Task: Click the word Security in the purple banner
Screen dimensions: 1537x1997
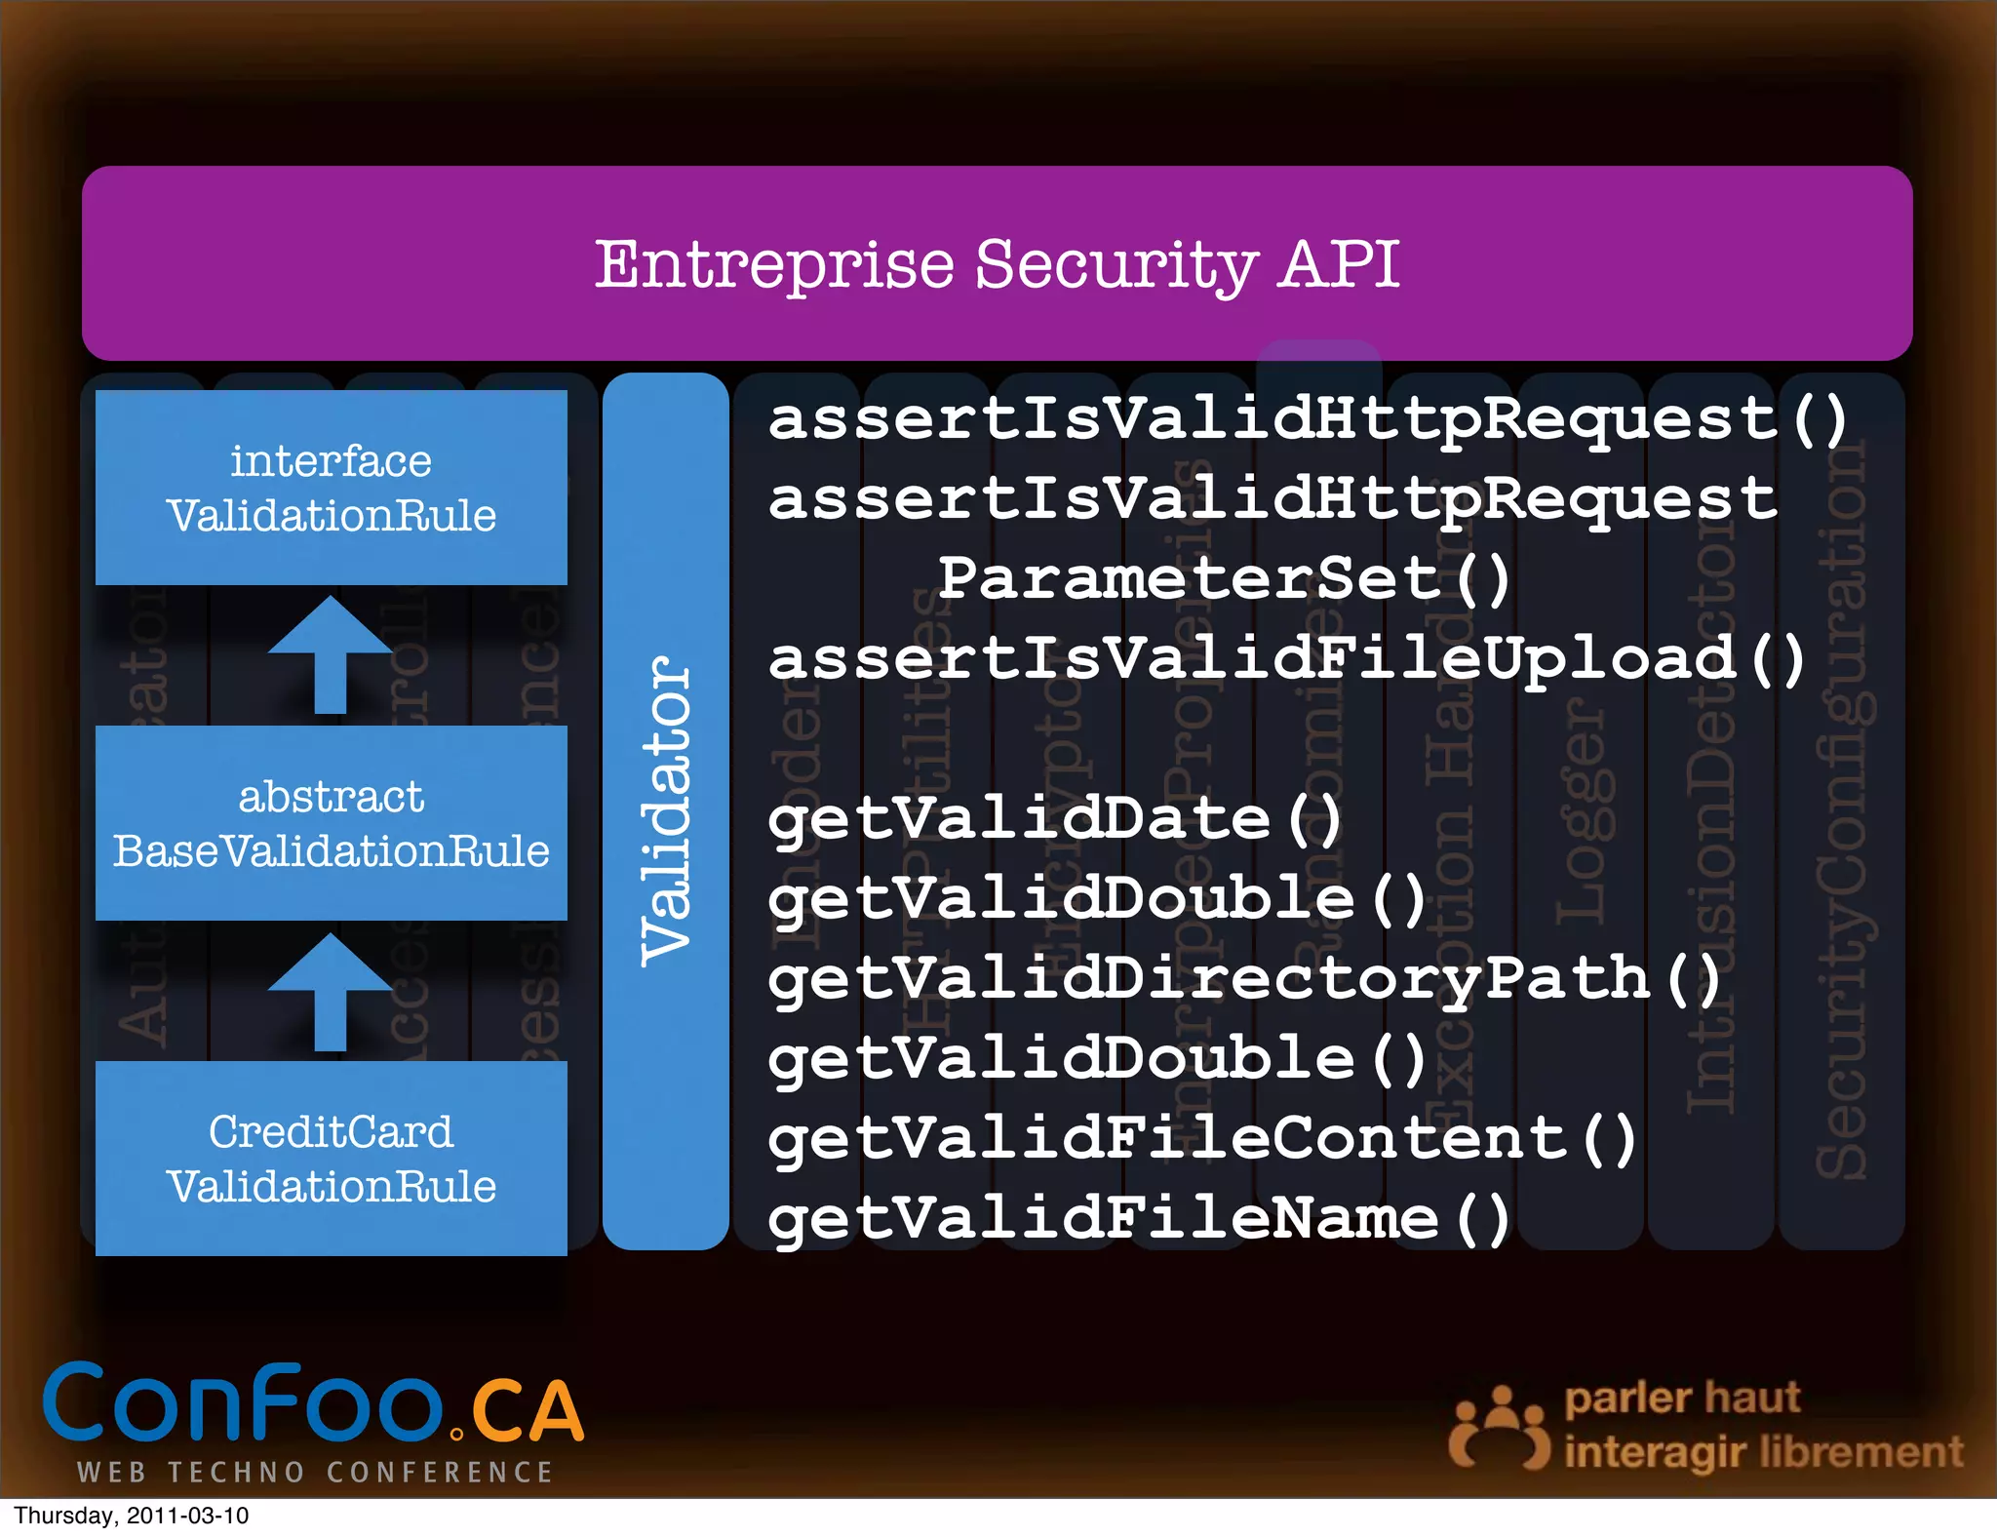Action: click(1116, 265)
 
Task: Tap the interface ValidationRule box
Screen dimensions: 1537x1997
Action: click(332, 488)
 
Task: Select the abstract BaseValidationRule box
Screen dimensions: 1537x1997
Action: click(332, 823)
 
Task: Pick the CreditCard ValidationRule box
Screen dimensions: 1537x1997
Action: click(332, 1159)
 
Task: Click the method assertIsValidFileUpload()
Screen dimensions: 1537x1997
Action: click(1287, 659)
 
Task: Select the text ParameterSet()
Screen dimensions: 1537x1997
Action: click(1225, 579)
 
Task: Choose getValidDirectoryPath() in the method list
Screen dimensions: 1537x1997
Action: click(1244, 979)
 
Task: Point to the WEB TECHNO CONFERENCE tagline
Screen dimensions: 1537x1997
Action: click(315, 1472)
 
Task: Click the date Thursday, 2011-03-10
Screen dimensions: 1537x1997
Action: click(132, 1516)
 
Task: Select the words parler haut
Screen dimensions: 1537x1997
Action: click(1682, 1399)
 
